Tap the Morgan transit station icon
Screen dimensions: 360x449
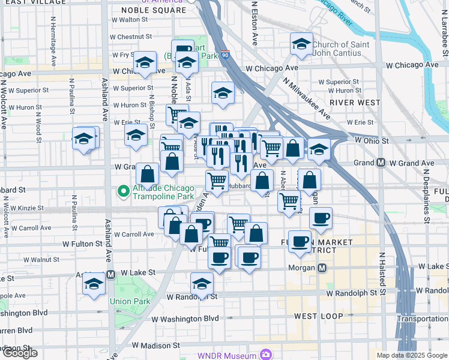(322, 268)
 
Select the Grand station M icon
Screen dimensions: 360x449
(381, 163)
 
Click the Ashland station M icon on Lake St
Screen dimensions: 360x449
(110, 274)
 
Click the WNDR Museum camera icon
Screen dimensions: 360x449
(265, 355)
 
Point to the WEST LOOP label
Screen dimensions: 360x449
(319, 316)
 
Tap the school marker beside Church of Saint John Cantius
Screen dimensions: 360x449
(302, 44)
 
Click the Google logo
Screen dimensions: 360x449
(20, 353)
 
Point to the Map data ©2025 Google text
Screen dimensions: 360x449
(412, 355)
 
